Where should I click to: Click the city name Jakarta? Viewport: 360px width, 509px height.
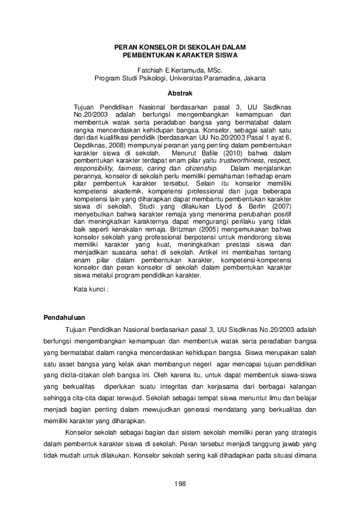[x=253, y=78]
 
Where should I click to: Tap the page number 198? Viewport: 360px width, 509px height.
[x=180, y=483]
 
